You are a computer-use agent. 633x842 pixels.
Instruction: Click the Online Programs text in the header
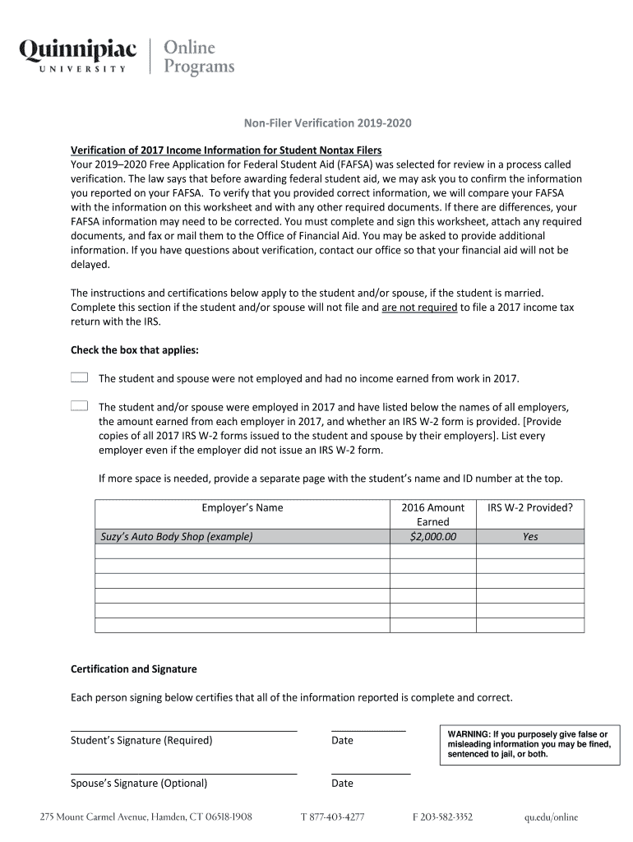[x=200, y=56]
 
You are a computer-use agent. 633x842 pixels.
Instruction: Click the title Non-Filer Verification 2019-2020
[x=326, y=123]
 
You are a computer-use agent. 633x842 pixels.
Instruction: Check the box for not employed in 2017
[x=79, y=377]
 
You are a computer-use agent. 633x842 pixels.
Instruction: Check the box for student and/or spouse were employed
[x=79, y=406]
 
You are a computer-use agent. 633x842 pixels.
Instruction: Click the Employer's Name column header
[x=242, y=507]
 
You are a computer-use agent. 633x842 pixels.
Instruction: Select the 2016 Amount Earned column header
[x=432, y=514]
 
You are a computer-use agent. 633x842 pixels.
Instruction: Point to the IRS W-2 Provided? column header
[x=529, y=507]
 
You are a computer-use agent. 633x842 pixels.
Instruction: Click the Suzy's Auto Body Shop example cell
[x=242, y=536]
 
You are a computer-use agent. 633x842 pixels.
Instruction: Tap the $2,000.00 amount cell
[x=432, y=536]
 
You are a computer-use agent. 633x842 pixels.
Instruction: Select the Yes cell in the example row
[x=529, y=536]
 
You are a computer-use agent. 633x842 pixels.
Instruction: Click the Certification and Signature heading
[x=134, y=669]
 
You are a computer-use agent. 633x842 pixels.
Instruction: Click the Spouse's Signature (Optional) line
[x=183, y=772]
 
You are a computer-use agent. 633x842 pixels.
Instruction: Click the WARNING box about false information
[x=528, y=743]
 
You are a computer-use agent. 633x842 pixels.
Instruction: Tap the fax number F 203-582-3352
[x=442, y=817]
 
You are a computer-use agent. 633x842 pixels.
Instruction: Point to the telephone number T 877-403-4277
[x=332, y=817]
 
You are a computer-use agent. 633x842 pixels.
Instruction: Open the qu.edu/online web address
[x=552, y=817]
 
